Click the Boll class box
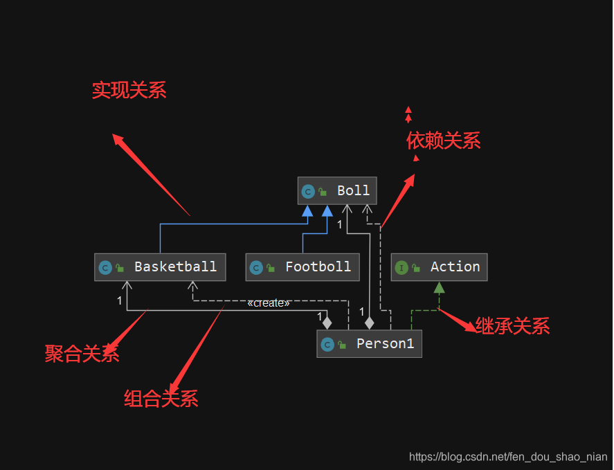[337, 191]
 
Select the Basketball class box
[160, 267]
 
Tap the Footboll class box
[303, 267]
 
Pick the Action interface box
[439, 267]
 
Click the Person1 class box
[369, 344]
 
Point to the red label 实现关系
[129, 91]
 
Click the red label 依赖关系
[443, 141]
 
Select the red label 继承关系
[512, 326]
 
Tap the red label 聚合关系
[82, 354]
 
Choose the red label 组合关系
[161, 399]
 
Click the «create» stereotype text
[269, 303]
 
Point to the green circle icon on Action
[401, 268]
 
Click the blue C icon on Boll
[308, 192]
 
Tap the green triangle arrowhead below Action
[439, 287]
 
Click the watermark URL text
[508, 457]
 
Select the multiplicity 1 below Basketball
[119, 300]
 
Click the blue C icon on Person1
[327, 345]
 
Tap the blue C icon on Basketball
[105, 268]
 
